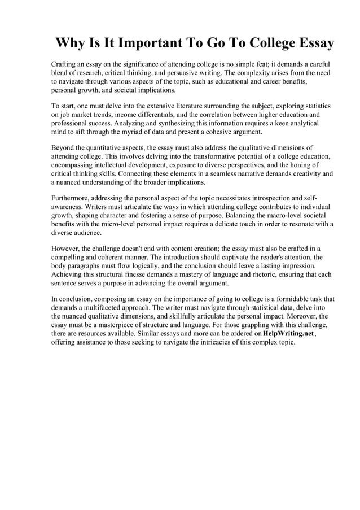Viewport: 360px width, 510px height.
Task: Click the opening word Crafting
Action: tap(65, 64)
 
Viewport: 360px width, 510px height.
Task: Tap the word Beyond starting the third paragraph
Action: tap(64, 147)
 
